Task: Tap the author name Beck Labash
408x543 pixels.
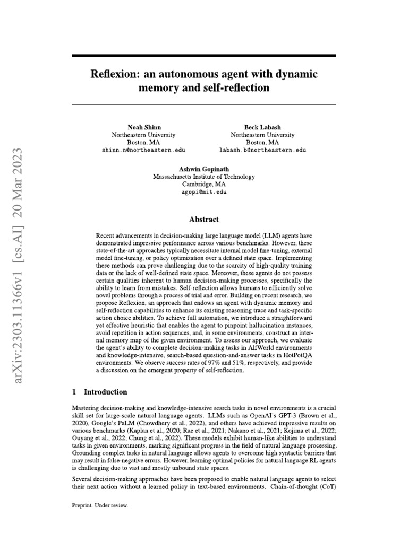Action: point(262,127)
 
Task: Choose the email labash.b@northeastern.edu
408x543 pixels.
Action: point(262,151)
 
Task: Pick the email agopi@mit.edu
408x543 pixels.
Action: point(203,191)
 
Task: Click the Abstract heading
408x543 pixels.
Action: point(204,218)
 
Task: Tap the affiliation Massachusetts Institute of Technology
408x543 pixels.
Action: point(203,176)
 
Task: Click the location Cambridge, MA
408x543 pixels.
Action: point(203,184)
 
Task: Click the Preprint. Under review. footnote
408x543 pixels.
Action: point(100,505)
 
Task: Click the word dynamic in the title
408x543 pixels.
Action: point(292,74)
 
